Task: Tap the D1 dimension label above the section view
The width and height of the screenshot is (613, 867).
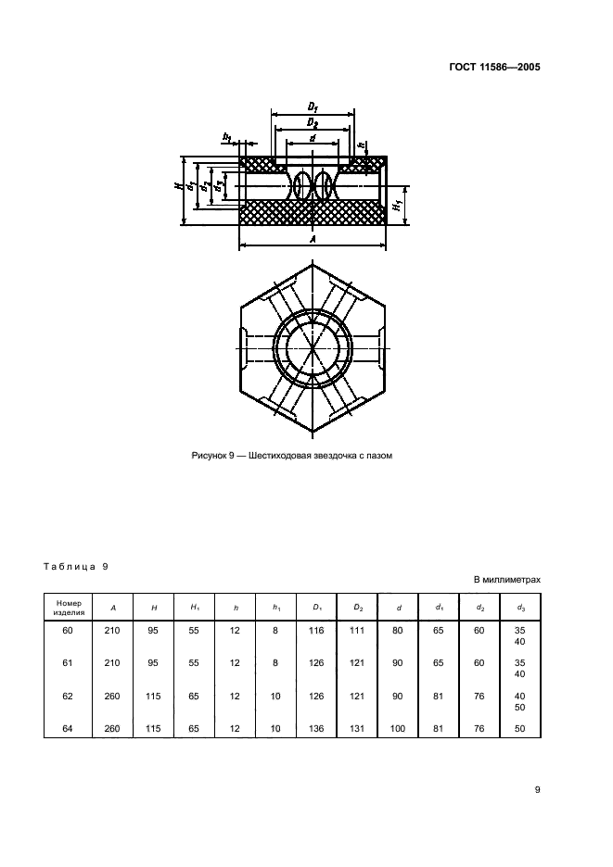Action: [313, 108]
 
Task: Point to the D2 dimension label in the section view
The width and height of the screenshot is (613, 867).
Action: [313, 124]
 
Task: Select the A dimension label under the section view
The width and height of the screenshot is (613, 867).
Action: [313, 240]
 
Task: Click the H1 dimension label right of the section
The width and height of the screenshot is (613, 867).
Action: [396, 204]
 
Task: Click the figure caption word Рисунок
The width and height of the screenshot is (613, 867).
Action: [210, 455]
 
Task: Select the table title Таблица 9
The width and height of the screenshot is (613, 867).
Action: [77, 565]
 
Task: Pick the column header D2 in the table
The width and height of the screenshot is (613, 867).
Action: [359, 607]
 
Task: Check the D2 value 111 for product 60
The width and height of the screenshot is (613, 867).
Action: [358, 631]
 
